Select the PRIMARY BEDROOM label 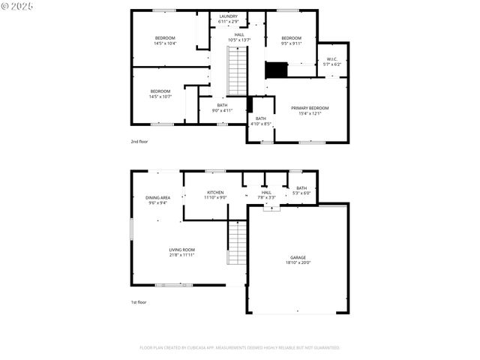tap(310, 108)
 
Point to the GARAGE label tap(298, 257)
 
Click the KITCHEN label tap(215, 193)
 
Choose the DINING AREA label tap(157, 197)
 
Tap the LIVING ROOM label tap(181, 250)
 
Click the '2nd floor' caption tap(139, 141)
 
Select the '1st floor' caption tap(139, 302)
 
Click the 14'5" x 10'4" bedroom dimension tap(165, 43)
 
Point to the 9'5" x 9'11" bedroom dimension tap(291, 43)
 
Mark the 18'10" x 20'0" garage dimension tap(298, 262)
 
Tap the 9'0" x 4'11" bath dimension tap(221, 110)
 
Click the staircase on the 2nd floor tap(238, 71)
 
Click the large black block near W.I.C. tap(277, 70)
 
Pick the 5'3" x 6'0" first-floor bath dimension tap(301, 193)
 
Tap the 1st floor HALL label tap(266, 193)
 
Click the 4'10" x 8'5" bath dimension tap(260, 124)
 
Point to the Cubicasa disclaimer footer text tap(240, 348)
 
